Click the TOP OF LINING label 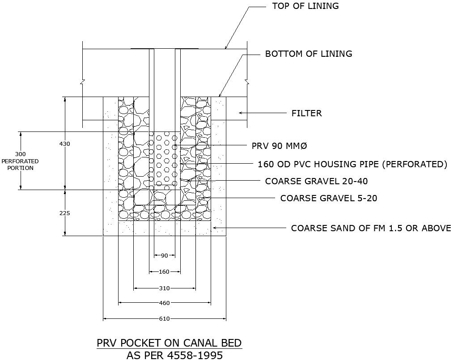pos(305,6)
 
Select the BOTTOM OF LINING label pos(309,54)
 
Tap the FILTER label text pos(306,114)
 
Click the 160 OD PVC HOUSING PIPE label pos(352,165)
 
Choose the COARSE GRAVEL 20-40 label pos(317,181)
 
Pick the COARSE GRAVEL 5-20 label pos(329,198)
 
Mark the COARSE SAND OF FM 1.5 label pos(371,228)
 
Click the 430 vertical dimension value pos(65,144)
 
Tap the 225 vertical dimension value pos(65,213)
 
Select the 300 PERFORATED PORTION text pos(20,161)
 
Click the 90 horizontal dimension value pos(164,256)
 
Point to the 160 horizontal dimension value pos(164,272)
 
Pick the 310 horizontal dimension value pos(164,288)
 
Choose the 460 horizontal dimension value pos(164,303)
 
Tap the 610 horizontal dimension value pos(164,319)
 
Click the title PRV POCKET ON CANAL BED pos(169,343)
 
